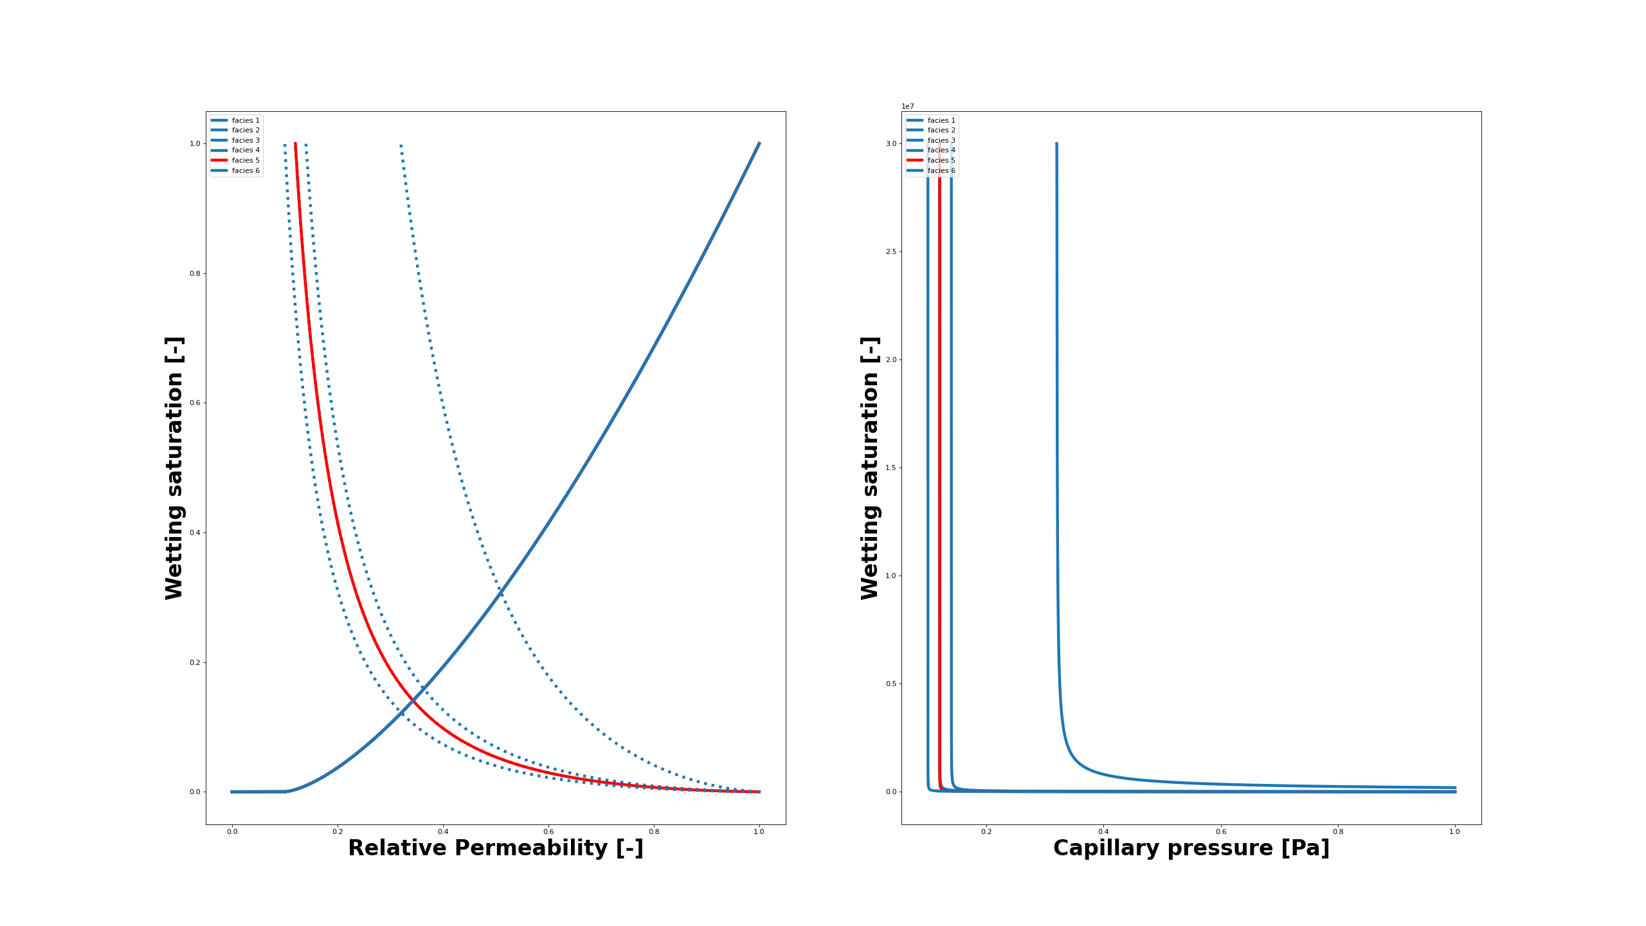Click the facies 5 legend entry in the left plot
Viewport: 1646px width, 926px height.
point(246,160)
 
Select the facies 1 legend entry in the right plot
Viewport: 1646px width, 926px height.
point(941,120)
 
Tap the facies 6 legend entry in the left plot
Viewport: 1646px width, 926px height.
point(246,170)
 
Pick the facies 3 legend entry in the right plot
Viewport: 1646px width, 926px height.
point(941,140)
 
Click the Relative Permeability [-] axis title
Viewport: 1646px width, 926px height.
point(496,848)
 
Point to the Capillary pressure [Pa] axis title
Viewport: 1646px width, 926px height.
point(1191,848)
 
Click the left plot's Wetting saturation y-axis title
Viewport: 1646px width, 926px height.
point(174,468)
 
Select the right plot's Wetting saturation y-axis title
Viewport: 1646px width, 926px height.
point(870,468)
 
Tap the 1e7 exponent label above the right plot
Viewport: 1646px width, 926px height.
point(907,106)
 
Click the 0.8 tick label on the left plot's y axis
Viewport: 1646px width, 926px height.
point(194,273)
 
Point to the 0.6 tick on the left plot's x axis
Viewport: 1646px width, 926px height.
point(548,831)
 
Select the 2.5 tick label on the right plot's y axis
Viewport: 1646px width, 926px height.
point(891,251)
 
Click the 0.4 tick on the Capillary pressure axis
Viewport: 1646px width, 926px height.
point(1103,831)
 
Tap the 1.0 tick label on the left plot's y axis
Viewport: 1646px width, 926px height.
point(194,143)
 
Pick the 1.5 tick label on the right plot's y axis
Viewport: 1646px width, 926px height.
point(891,468)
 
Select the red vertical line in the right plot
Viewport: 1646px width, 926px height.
point(939,450)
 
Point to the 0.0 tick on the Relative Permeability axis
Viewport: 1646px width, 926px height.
point(232,831)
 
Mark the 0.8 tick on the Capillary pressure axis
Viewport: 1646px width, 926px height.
point(1337,831)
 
